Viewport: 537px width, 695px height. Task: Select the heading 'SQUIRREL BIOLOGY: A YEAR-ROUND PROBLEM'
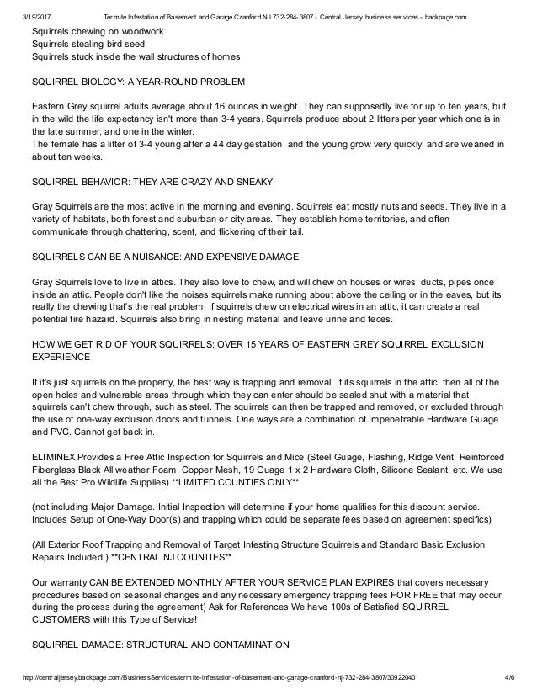click(138, 84)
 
